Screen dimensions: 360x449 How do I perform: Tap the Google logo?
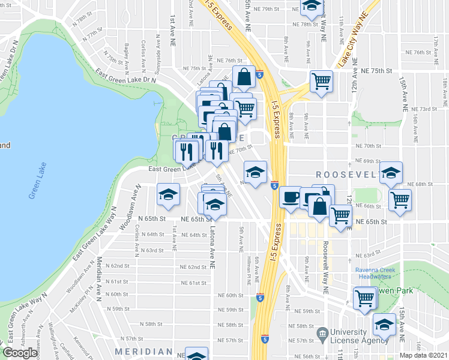[x=20, y=353]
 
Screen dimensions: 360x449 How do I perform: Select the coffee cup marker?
[x=291, y=197]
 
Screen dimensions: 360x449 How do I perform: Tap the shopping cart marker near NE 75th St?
[x=322, y=80]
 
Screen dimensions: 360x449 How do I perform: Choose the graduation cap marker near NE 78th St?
[x=311, y=6]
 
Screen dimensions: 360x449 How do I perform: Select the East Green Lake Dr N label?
[x=125, y=76]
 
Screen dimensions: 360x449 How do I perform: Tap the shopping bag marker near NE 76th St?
[x=244, y=77]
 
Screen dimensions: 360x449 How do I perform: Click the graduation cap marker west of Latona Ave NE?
[x=169, y=195]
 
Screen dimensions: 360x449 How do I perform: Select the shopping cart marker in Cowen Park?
[x=364, y=298]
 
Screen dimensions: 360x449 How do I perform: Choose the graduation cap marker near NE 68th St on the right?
[x=391, y=174]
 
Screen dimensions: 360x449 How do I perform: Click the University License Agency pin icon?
[x=322, y=332]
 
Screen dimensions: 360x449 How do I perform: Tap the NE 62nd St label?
[x=193, y=267]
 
